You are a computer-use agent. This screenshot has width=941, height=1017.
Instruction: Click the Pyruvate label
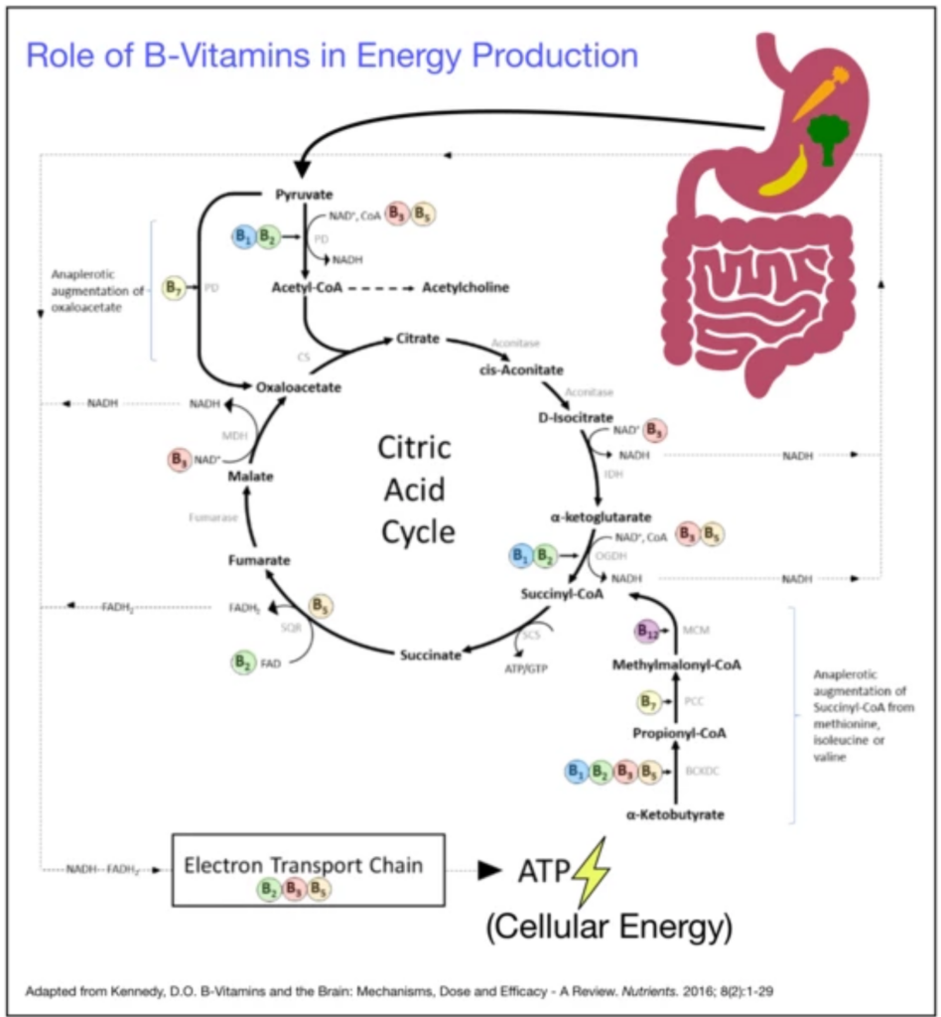pos(304,195)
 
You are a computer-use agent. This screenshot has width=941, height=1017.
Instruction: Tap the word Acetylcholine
pos(466,287)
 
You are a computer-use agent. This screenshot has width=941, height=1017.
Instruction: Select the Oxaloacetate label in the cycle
pos(298,387)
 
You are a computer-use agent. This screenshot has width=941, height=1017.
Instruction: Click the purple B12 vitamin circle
pos(647,630)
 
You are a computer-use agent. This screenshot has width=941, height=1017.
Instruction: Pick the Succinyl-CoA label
pos(562,593)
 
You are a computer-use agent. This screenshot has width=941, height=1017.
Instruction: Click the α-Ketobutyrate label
pos(675,814)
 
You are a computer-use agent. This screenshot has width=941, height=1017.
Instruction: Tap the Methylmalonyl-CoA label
pos(676,663)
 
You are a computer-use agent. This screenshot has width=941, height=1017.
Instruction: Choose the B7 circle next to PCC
pos(648,702)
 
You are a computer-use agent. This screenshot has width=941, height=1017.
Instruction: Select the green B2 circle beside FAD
pos(241,662)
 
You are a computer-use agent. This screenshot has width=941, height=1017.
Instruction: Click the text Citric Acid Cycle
pos(415,489)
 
